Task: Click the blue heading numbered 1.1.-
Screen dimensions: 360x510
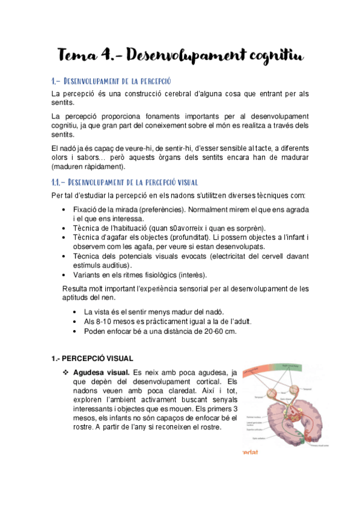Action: coord(125,182)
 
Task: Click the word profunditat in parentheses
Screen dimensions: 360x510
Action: coord(183,238)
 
